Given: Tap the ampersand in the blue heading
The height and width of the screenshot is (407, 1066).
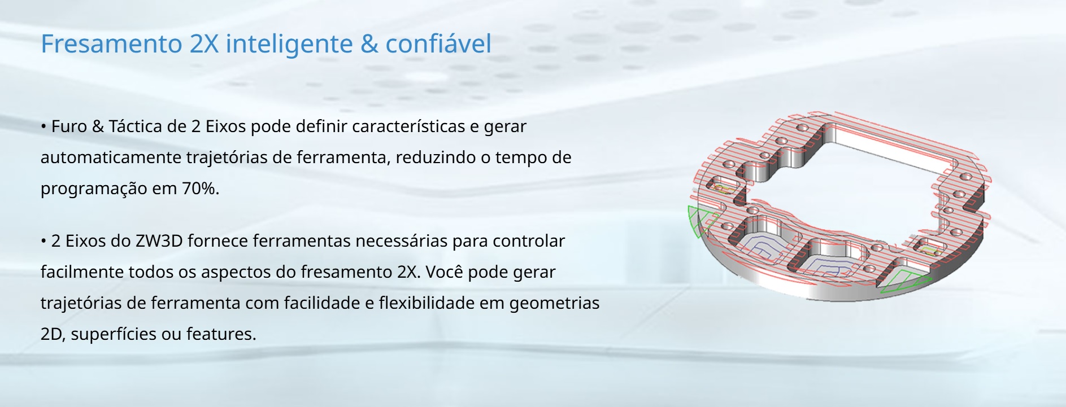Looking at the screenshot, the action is coord(369,44).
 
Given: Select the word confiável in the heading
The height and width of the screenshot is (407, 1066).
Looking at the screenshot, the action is coord(438,43).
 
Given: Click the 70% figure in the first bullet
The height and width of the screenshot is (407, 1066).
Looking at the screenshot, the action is coord(200,188).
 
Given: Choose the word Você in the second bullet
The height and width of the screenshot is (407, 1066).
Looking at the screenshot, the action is coord(445,272).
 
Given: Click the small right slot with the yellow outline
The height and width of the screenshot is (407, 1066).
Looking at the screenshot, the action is coord(927,248).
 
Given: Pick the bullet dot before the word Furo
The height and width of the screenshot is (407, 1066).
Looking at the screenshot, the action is coord(43,127).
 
